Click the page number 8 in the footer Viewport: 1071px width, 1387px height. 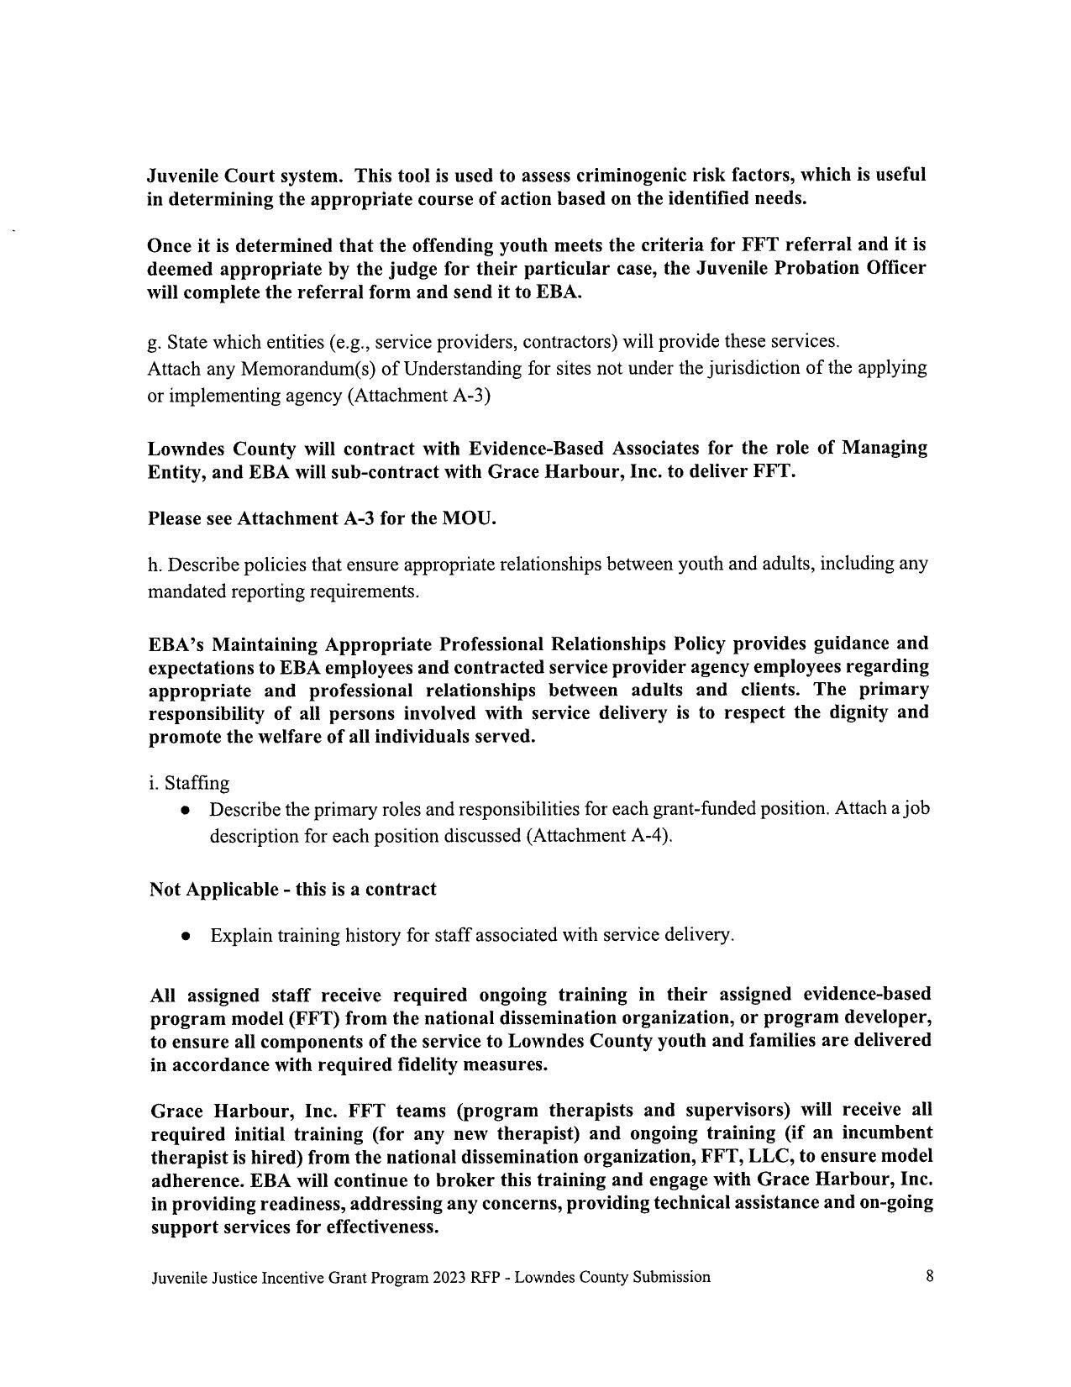[x=929, y=1276]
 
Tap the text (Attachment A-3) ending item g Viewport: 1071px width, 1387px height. [x=418, y=396]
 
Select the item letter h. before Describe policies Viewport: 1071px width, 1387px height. [x=155, y=565]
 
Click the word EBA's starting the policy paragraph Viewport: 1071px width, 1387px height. [x=176, y=644]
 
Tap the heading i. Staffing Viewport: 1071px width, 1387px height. [x=189, y=783]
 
